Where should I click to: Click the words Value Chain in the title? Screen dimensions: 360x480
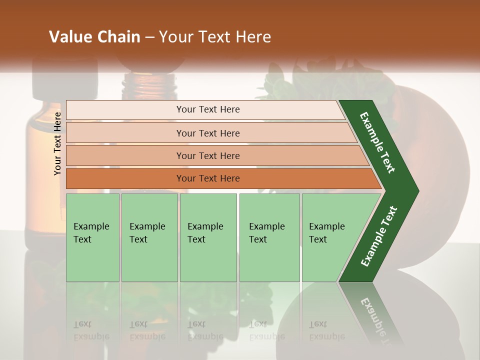click(94, 37)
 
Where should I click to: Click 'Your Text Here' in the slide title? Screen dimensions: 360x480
click(215, 37)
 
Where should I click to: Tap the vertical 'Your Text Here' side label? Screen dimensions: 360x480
click(57, 143)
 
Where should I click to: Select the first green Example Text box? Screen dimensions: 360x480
click(92, 237)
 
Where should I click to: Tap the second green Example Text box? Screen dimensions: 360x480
click(149, 237)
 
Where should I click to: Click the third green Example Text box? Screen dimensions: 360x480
click(208, 237)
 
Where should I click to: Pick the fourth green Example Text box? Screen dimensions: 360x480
click(269, 237)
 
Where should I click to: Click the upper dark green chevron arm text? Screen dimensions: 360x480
click(378, 142)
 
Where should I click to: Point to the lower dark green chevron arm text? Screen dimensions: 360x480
click(379, 236)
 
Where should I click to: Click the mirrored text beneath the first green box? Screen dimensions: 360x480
click(91, 330)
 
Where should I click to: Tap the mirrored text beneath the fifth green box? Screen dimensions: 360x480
click(326, 330)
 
